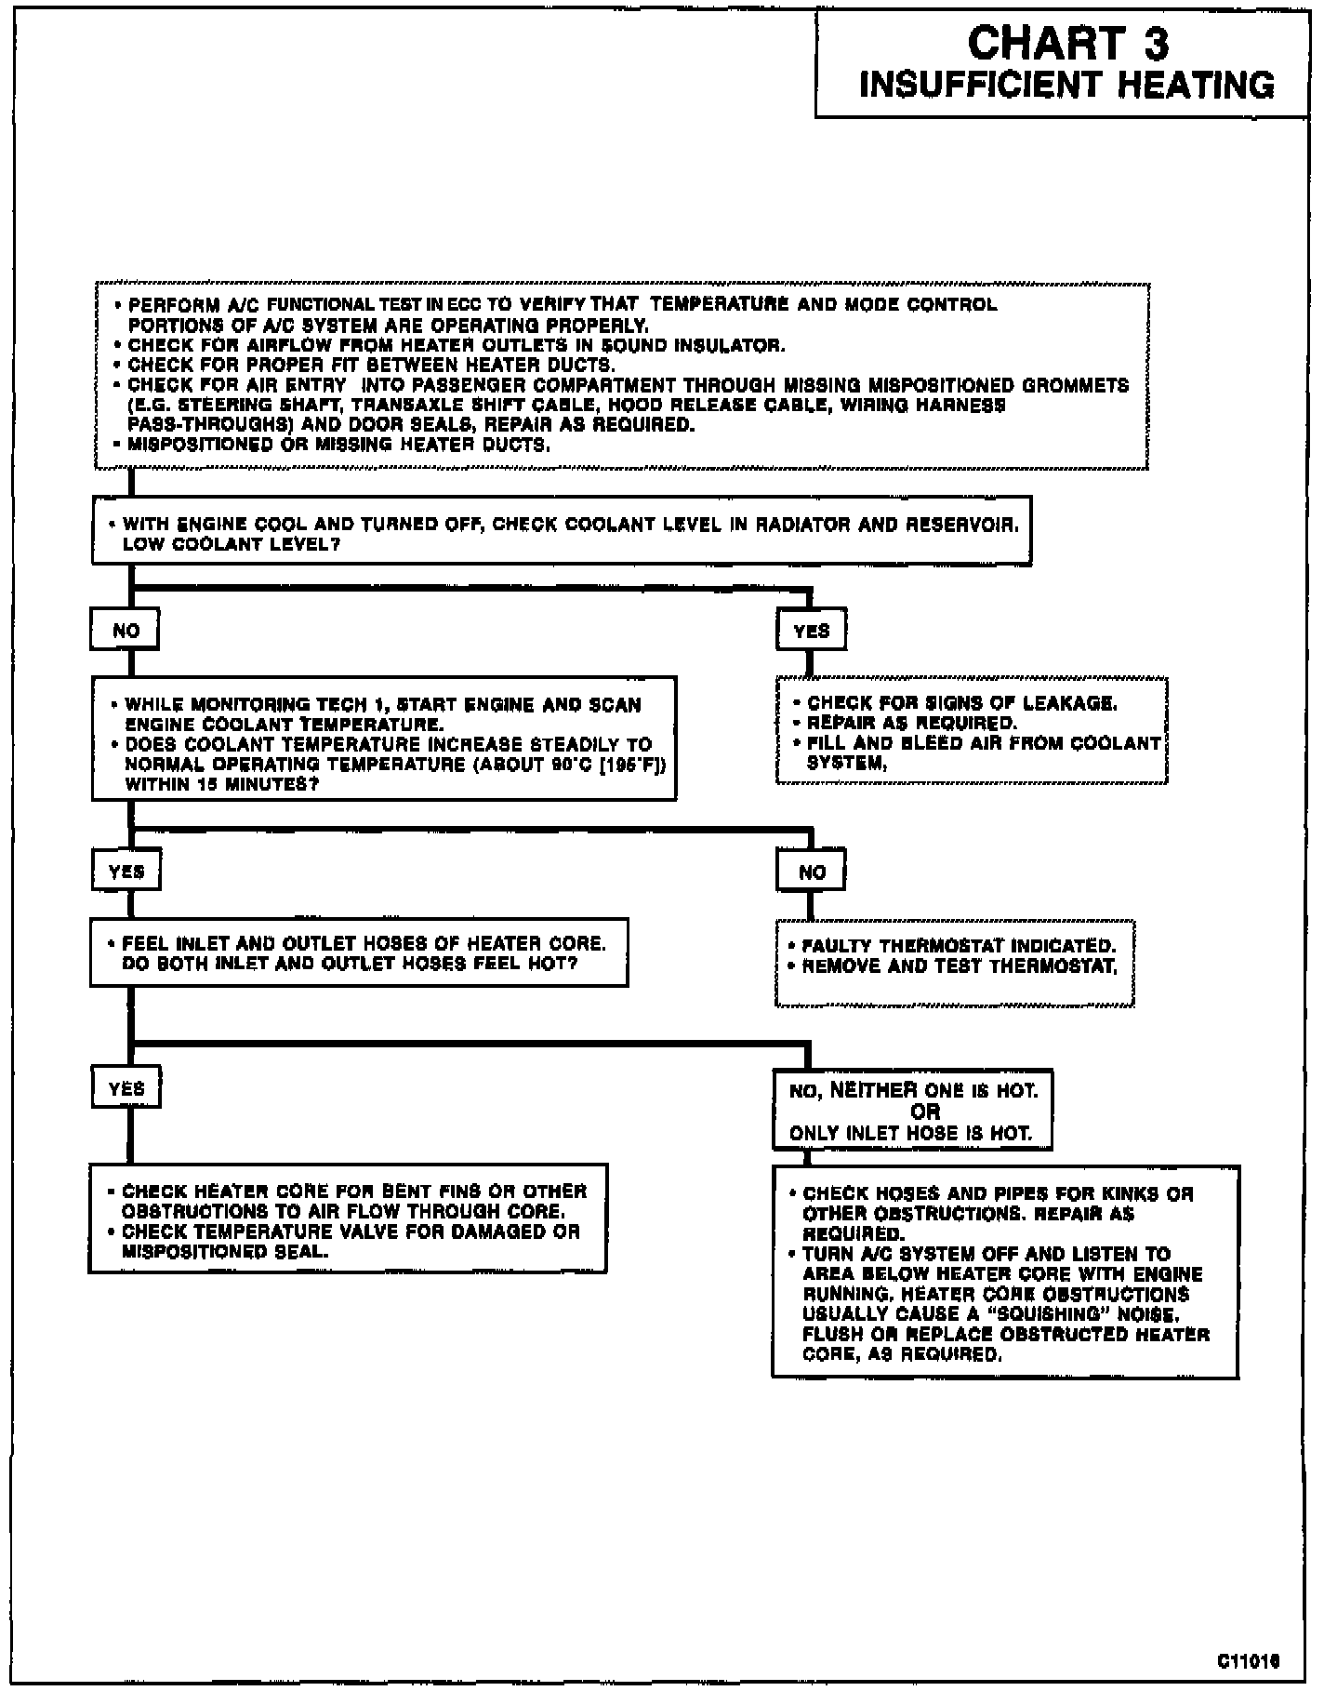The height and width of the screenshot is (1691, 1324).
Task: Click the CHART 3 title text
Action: [1068, 43]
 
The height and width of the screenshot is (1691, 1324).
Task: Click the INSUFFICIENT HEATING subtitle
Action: [1066, 86]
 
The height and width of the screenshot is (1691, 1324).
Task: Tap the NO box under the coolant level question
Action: [126, 631]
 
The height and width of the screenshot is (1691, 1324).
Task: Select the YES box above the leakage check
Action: [811, 631]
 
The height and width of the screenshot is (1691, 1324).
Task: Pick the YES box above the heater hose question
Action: [126, 872]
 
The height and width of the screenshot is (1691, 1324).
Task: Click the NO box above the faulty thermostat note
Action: [812, 872]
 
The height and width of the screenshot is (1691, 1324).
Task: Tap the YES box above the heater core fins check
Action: [126, 1089]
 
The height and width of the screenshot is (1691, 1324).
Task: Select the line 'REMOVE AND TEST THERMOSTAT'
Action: [959, 966]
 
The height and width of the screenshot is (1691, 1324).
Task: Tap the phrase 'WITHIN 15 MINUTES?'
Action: [222, 784]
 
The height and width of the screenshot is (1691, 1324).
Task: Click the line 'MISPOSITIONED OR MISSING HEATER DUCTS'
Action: [338, 445]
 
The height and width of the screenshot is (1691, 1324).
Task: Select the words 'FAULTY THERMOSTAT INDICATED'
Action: [958, 946]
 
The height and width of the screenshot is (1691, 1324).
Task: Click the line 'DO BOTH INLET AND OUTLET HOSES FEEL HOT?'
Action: [350, 964]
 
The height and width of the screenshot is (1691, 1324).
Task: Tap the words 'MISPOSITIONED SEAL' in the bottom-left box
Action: [225, 1252]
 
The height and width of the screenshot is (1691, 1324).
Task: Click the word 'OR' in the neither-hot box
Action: [924, 1112]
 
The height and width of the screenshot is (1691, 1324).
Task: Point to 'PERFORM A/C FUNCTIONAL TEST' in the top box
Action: [264, 305]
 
